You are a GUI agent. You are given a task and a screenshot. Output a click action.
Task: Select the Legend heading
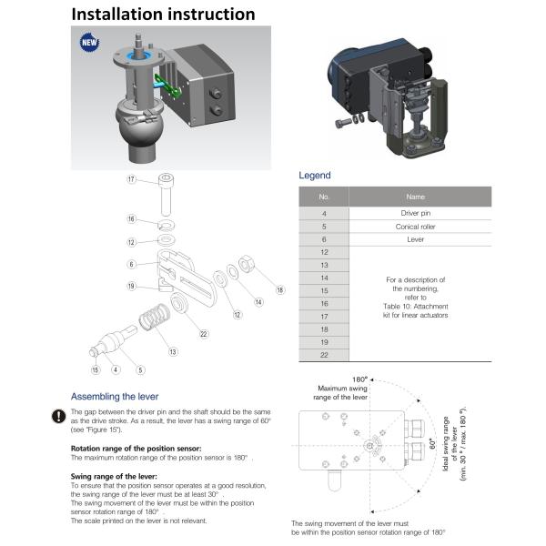[x=315, y=175]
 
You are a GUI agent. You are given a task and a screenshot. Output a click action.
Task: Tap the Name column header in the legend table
[x=415, y=196]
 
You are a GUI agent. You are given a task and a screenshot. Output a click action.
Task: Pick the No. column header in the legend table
[x=324, y=196]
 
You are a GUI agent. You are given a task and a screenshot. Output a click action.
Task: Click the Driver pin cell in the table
[x=415, y=212]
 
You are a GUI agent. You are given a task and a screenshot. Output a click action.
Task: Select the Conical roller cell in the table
[x=415, y=226]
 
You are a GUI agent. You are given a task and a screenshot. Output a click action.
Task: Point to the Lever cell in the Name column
[x=415, y=239]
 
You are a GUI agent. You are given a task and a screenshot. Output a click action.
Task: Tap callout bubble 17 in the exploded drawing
[x=131, y=180]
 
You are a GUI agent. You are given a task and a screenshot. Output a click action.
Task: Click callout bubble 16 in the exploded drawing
[x=131, y=219]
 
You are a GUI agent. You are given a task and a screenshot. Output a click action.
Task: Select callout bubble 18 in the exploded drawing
[x=279, y=289]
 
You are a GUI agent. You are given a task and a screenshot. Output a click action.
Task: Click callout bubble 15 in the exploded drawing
[x=94, y=369]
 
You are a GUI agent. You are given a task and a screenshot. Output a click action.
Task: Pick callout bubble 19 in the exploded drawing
[x=131, y=286]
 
